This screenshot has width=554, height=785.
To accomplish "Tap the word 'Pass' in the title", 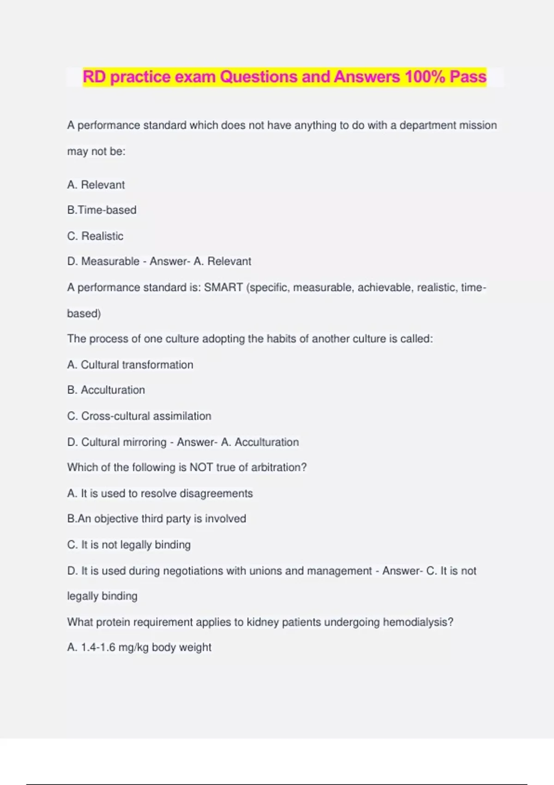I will [x=468, y=77].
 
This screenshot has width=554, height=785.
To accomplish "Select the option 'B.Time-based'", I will [x=102, y=210].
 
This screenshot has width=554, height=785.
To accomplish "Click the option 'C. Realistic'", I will [x=95, y=236].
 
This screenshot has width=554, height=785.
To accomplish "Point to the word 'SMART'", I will [x=223, y=287].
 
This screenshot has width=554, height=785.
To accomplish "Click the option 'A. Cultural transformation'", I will [x=130, y=365].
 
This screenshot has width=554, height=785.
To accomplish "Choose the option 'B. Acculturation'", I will [x=106, y=390].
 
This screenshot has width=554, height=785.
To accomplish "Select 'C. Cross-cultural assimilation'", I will [x=139, y=416].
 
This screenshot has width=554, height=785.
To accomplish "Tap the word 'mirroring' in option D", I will [x=144, y=442].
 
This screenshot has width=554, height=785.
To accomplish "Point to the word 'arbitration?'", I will [x=279, y=467].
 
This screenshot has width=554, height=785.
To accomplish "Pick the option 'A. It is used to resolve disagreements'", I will [x=160, y=493].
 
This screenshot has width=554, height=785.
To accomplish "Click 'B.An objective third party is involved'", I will [x=157, y=519].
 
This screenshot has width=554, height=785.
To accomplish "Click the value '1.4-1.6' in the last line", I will [x=98, y=647].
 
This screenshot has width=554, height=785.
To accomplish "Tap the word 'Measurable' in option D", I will [x=110, y=261].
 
